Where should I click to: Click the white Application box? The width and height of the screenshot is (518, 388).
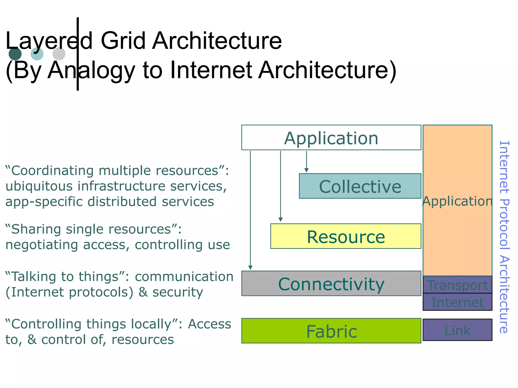(331, 138)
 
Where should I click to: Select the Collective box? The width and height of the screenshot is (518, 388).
(360, 186)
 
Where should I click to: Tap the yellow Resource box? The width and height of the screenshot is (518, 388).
(346, 236)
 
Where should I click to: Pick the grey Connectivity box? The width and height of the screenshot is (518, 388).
(331, 284)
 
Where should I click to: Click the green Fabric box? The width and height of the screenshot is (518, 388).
(331, 331)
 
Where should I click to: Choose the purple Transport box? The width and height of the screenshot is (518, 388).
(457, 285)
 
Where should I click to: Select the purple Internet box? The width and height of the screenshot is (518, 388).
(457, 302)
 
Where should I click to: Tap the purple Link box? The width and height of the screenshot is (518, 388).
(457, 330)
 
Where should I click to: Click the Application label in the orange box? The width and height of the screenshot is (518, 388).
(457, 201)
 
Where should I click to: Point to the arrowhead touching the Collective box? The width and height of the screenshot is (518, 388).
(306, 171)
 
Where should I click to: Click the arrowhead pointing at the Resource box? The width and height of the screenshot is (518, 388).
(280, 220)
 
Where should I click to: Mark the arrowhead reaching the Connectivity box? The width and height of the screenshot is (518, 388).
(250, 268)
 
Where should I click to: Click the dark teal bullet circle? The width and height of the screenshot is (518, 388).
(15, 54)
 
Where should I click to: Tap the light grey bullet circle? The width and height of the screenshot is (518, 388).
(59, 54)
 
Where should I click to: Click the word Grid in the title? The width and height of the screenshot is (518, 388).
(123, 41)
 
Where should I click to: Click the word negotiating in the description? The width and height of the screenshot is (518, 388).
(41, 245)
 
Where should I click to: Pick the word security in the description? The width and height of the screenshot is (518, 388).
(178, 292)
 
